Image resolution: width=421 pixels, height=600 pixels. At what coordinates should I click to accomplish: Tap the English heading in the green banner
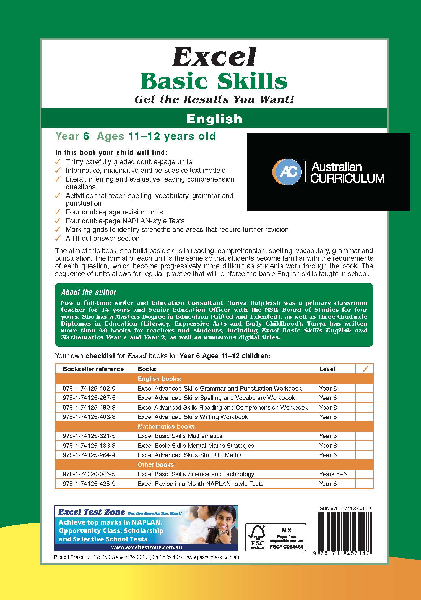coord(214,119)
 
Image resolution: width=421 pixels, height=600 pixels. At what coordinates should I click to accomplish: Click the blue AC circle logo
coord(287,172)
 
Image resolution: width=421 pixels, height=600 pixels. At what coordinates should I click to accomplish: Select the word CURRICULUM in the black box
coord(347,178)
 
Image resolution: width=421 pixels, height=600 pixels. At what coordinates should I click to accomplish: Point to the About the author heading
coord(89,292)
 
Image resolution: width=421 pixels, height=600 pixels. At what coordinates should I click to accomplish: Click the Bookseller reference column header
coord(93,369)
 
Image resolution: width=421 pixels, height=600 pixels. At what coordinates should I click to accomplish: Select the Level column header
coord(327,369)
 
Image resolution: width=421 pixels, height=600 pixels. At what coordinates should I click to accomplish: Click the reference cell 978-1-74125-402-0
coord(89,388)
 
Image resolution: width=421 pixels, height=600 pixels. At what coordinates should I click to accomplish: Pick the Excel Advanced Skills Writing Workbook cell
coord(193,417)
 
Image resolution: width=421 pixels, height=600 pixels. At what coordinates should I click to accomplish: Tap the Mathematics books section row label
coord(167,426)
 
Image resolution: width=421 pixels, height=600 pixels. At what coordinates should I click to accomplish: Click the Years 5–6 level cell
coord(333,474)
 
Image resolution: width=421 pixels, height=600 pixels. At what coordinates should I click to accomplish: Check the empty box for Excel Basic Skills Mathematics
coord(364,436)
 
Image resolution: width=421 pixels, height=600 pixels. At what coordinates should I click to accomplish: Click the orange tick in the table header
coord(365,369)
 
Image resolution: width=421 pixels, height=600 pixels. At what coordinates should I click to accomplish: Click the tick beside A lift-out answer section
coord(58,238)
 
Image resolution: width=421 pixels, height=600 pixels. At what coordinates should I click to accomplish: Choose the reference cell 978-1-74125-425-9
coord(89,484)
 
